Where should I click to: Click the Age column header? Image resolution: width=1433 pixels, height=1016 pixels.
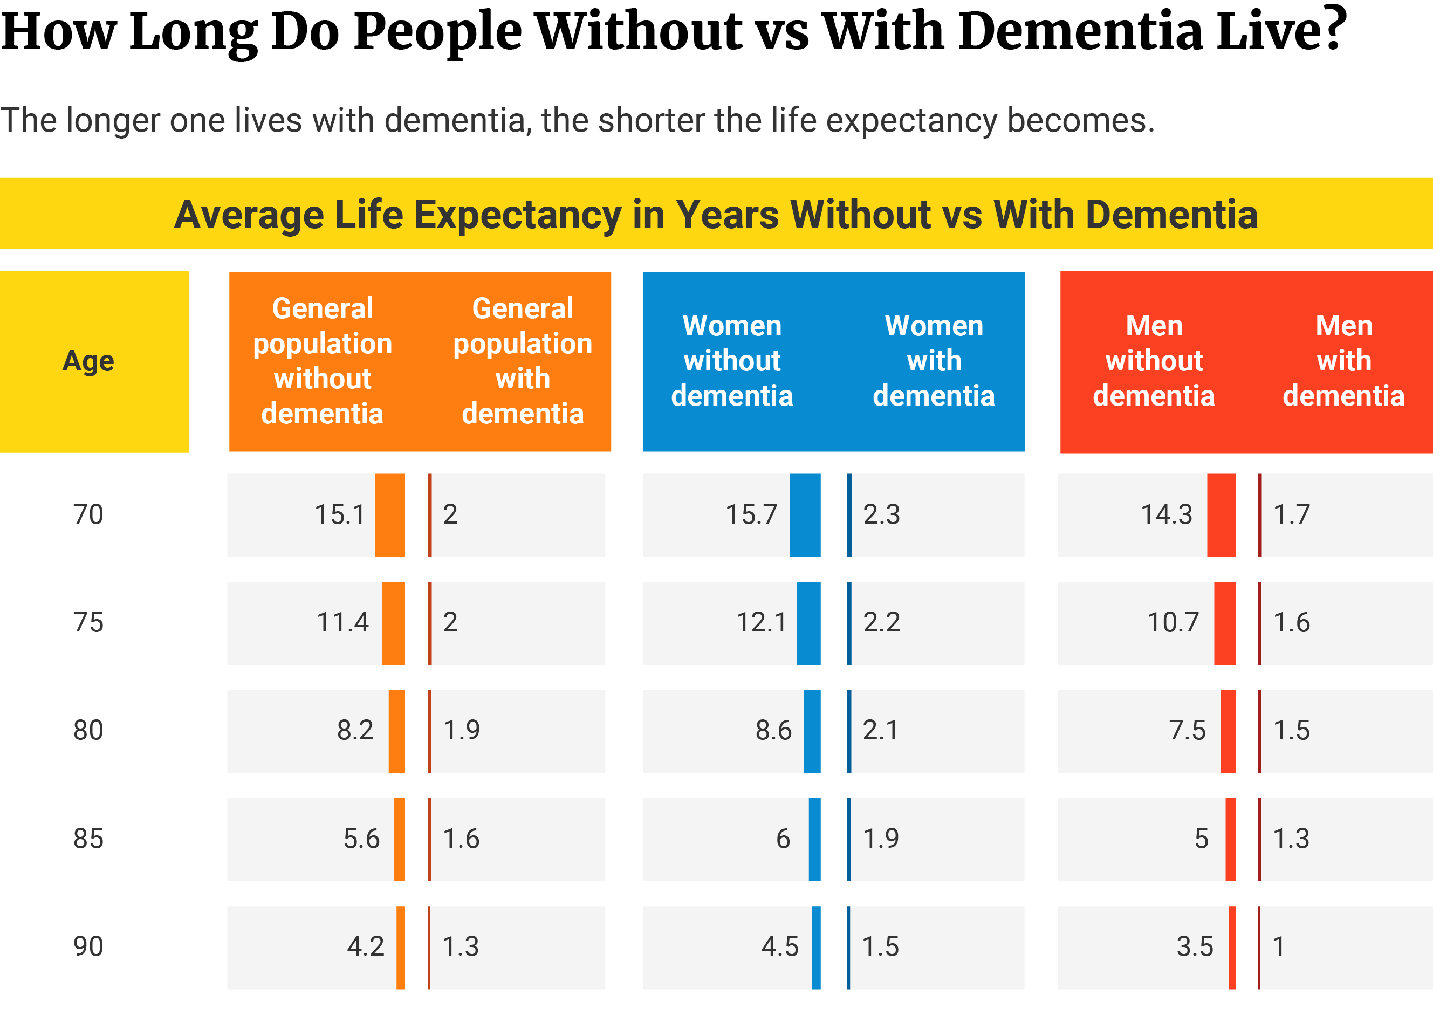pyautogui.click(x=88, y=361)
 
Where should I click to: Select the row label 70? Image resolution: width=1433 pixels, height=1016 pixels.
pyautogui.click(x=88, y=514)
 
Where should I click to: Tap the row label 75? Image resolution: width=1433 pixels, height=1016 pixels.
pyautogui.click(x=88, y=622)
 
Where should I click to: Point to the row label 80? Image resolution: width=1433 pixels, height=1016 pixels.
pyautogui.click(x=88, y=730)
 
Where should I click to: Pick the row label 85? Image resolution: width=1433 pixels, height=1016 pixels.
pyautogui.click(x=88, y=839)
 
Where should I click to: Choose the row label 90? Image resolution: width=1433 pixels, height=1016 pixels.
pyautogui.click(x=88, y=946)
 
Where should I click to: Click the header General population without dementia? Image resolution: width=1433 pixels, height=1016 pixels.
pyautogui.click(x=322, y=361)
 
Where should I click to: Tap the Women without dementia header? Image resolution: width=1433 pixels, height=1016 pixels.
pyautogui.click(x=732, y=361)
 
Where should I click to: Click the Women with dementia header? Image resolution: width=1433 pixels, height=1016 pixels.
pyautogui.click(x=934, y=361)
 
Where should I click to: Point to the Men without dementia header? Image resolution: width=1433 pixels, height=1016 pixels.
pyautogui.click(x=1154, y=361)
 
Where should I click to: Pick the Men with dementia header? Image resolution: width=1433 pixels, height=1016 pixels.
pyautogui.click(x=1343, y=361)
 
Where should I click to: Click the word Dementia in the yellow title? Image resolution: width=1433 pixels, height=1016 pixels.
pyautogui.click(x=1171, y=215)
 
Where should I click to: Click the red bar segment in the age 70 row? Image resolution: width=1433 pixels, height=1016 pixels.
pyautogui.click(x=1221, y=515)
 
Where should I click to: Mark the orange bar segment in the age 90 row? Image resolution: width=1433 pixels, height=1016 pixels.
pyautogui.click(x=400, y=947)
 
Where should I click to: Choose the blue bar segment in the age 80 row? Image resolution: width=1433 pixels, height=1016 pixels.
pyautogui.click(x=812, y=731)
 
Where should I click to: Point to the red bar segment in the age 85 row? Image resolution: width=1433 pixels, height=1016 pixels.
pyautogui.click(x=1230, y=839)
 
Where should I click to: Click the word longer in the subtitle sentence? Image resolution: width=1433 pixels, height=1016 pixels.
pyautogui.click(x=113, y=121)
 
